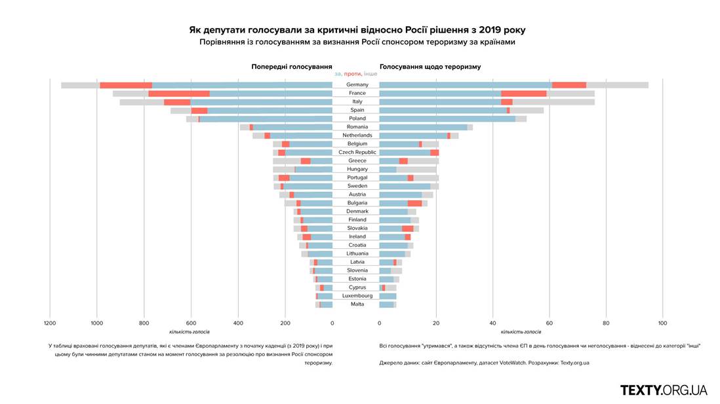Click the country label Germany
[x=357, y=84]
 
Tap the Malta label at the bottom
[x=357, y=304]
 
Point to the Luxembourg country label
[x=357, y=295]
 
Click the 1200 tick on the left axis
[x=50, y=323]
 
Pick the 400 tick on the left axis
[x=238, y=323]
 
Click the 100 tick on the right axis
[x=662, y=323]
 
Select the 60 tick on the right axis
[x=549, y=323]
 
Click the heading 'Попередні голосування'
[x=291, y=67]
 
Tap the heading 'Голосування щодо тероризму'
[x=430, y=67]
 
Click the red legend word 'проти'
[x=353, y=74]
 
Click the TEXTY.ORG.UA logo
[x=664, y=390]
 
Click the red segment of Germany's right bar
[x=569, y=85]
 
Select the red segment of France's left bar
[x=179, y=94]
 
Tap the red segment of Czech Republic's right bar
[x=435, y=152]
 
